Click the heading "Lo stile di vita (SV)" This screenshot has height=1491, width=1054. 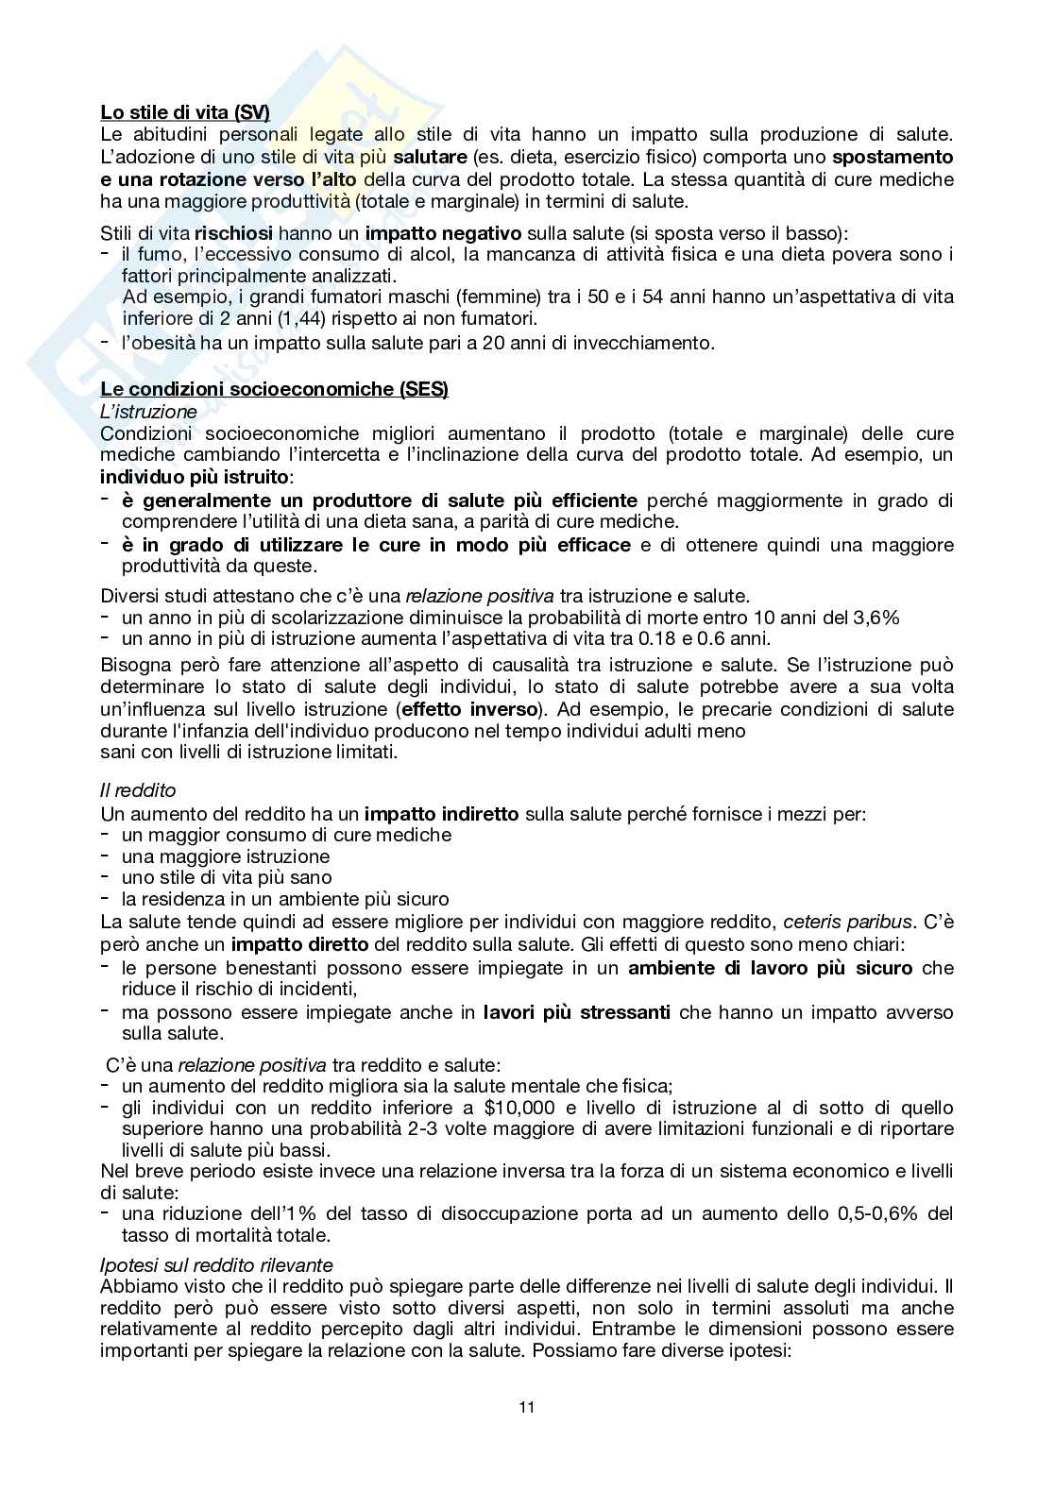(184, 112)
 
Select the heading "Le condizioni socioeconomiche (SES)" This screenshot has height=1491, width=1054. (274, 390)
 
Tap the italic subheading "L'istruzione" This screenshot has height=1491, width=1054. (148, 412)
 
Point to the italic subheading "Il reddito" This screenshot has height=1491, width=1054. (138, 790)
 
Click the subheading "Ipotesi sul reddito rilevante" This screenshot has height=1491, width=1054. (215, 1264)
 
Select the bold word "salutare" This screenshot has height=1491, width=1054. (430, 157)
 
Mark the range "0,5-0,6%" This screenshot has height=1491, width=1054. (877, 1213)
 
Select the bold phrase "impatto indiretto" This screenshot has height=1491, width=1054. (441, 813)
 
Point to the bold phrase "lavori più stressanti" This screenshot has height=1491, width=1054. (576, 1013)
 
